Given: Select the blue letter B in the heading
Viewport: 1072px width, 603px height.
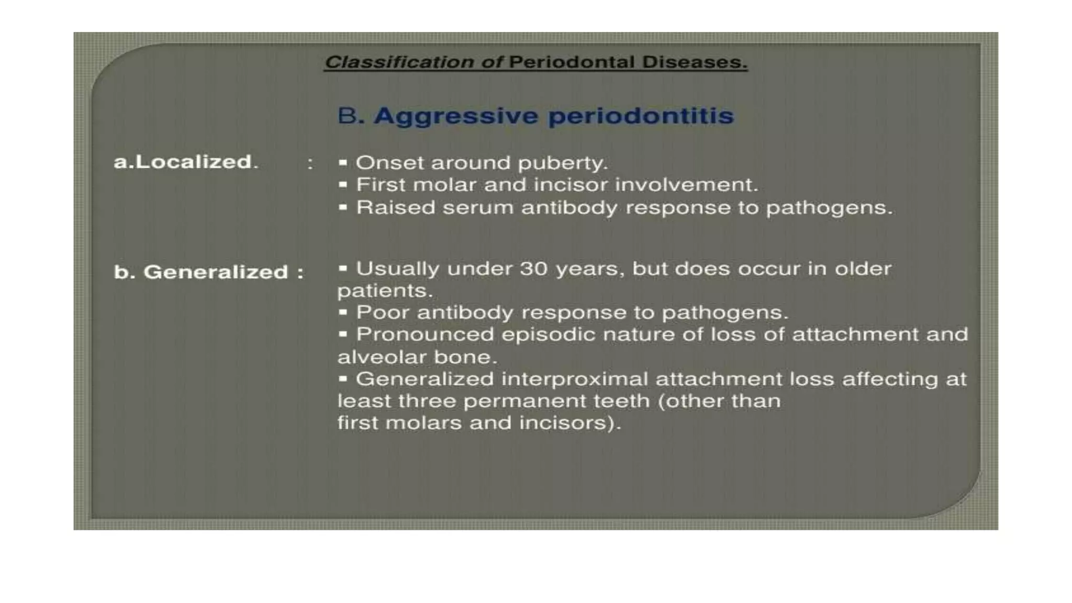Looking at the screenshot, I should click(x=347, y=116).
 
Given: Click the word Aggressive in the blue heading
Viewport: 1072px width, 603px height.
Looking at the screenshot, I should click(x=455, y=116).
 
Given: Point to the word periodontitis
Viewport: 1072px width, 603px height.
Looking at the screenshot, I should click(x=641, y=116).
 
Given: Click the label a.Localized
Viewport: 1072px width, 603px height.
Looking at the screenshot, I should click(x=186, y=162).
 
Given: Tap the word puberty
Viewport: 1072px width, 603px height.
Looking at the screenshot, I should click(x=562, y=163).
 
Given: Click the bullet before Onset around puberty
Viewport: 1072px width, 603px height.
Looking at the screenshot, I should click(x=343, y=163).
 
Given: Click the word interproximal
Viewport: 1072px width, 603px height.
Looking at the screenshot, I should click(x=574, y=379).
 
